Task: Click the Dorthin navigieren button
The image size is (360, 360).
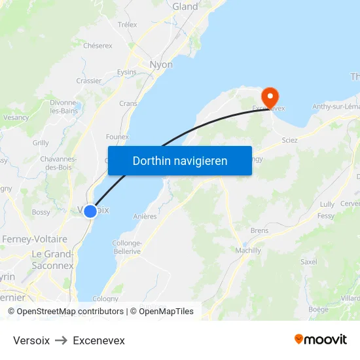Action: coord(180,160)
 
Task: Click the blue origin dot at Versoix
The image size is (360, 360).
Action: coord(90,211)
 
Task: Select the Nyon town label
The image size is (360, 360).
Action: coord(161,65)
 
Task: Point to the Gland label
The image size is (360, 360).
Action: coord(185,7)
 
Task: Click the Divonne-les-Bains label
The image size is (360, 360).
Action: coord(63,107)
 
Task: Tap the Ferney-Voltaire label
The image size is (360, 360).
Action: coord(35,240)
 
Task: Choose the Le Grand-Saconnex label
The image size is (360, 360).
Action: coord(52,260)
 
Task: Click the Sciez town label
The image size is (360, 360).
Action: coord(289,140)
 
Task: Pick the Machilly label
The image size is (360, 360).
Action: coord(247,250)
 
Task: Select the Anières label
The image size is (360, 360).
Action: coord(145,217)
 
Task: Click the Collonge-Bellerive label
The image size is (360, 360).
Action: coord(127,247)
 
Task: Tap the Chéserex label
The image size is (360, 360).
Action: coord(98,46)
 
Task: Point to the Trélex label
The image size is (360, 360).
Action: coord(127,25)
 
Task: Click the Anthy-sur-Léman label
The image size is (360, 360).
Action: coord(336,107)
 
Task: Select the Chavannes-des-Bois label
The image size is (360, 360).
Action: coord(59,162)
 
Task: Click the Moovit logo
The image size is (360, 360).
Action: coord(321,340)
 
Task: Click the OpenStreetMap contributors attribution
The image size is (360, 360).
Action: coord(69,312)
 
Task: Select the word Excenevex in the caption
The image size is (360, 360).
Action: coord(99,340)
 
